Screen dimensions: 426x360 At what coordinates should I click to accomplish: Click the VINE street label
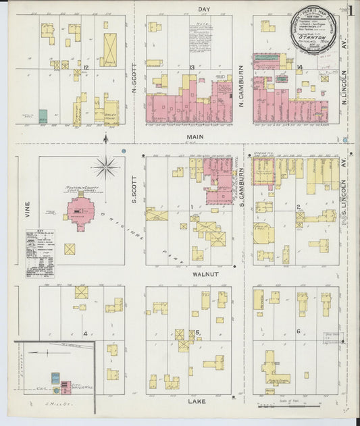[28, 209]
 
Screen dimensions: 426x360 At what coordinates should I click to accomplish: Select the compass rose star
[105, 166]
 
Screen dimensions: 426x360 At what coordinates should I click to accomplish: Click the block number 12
[86, 68]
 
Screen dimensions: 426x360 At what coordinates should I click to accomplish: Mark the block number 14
[299, 67]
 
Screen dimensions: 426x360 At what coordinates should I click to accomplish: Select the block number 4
[84, 334]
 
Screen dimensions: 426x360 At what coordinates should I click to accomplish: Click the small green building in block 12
[43, 116]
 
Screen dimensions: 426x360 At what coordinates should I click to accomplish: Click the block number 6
[298, 331]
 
